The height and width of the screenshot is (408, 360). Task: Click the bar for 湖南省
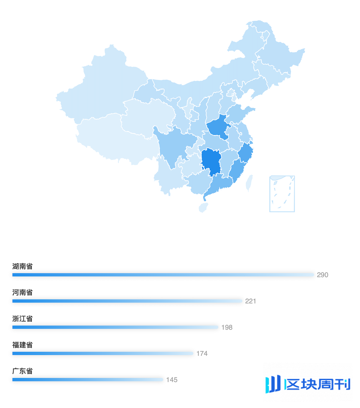pos(163,275)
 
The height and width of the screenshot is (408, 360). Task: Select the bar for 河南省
pos(127,301)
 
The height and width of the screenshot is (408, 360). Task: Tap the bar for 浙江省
pos(115,327)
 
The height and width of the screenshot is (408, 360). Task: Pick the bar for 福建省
pos(102,353)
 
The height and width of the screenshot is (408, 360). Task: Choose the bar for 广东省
pos(87,379)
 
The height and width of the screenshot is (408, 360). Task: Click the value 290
pos(322,275)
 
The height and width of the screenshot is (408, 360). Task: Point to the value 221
pos(251,301)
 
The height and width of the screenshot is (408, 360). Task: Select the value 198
pos(227,327)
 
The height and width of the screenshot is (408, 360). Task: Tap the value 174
pos(202,353)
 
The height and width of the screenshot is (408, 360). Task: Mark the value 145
pos(172,380)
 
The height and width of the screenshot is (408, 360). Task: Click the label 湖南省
pos(23,266)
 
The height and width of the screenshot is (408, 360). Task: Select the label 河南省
pos(23,293)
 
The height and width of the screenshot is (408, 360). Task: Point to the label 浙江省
pos(23,319)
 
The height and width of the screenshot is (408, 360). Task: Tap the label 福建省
pos(23,345)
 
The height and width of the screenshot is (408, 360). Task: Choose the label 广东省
pos(23,371)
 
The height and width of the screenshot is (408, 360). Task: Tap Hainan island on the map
pos(203,207)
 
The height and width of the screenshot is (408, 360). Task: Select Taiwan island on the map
pos(250,183)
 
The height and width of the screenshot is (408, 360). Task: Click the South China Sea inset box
pos(282,194)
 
